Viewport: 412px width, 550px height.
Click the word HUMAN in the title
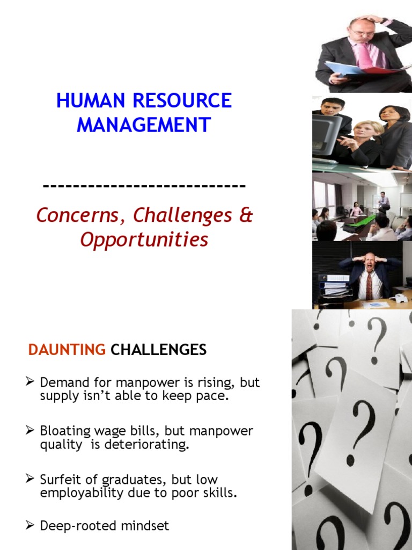pos(90,100)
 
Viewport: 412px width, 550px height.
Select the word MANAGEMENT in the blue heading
pos(144,125)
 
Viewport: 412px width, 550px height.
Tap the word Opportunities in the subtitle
pos(144,240)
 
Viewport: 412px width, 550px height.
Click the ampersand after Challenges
pos(246,215)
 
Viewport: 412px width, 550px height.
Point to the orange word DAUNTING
pos(67,350)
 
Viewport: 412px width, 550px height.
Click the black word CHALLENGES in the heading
pos(158,350)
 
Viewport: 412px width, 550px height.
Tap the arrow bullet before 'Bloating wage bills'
pos(30,430)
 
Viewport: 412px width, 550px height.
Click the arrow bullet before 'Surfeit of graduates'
pos(30,479)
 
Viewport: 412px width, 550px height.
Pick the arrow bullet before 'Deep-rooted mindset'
pos(30,525)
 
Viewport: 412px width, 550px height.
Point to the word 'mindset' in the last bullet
pos(145,526)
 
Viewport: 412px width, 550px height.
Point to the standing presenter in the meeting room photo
pos(384,201)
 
